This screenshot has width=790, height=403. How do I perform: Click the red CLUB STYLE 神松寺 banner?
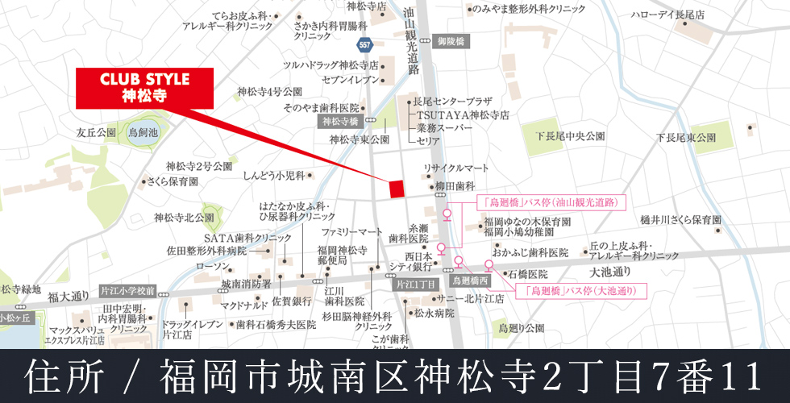click(x=144, y=88)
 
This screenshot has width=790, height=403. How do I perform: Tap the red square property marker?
click(x=396, y=188)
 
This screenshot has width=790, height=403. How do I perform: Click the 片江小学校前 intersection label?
click(x=127, y=289)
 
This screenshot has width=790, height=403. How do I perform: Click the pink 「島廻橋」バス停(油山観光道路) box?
click(x=551, y=202)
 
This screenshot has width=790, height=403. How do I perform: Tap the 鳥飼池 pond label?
click(x=143, y=131)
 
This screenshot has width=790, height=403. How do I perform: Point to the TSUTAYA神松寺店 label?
click(x=464, y=115)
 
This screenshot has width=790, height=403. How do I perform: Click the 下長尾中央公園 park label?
click(x=571, y=137)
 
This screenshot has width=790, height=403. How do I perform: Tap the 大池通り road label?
click(x=611, y=272)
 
